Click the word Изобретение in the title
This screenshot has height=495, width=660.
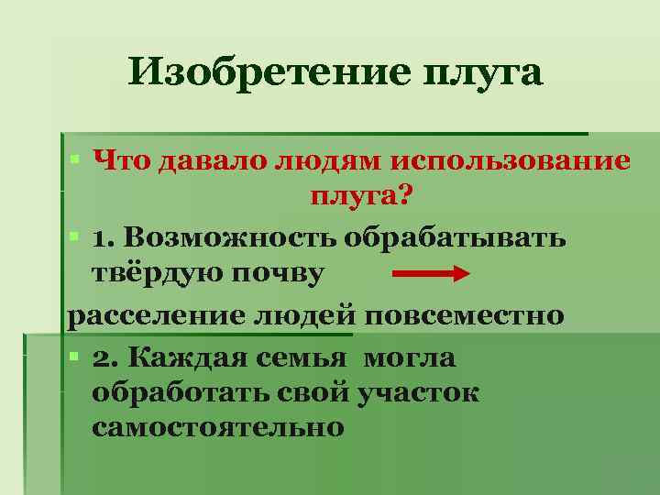coord(266,71)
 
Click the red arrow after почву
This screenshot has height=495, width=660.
coord(431,273)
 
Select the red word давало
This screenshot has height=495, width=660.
coord(205,161)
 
